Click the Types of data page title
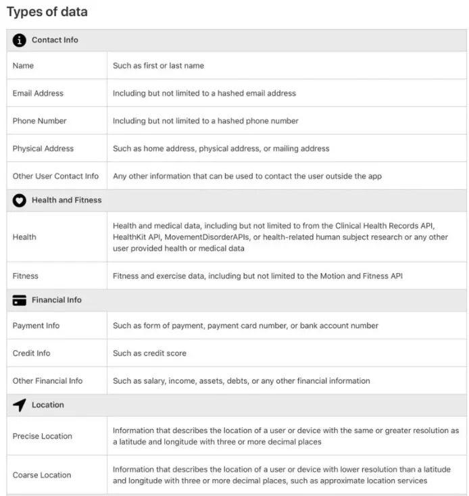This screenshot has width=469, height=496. point(47,12)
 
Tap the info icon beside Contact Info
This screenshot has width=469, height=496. point(20,41)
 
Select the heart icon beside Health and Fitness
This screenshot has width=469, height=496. point(20,201)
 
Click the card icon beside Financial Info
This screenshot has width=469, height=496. point(20,300)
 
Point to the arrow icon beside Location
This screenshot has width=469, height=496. point(20,405)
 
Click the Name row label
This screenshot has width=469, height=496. point(23,66)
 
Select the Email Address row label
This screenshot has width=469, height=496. point(38,93)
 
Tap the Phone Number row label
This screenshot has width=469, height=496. point(39,121)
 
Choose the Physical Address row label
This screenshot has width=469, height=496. point(43,149)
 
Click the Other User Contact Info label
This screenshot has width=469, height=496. point(55,176)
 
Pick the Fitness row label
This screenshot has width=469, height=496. point(26,276)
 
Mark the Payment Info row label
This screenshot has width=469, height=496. point(36,326)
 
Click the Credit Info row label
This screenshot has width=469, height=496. point(31,353)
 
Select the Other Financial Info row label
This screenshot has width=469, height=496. point(47,381)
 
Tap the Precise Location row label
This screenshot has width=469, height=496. point(42,437)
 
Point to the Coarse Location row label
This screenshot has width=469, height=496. point(42,475)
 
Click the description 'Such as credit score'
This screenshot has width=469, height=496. point(149,353)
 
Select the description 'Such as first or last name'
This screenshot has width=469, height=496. point(158,66)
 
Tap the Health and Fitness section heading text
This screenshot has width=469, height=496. point(66,201)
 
